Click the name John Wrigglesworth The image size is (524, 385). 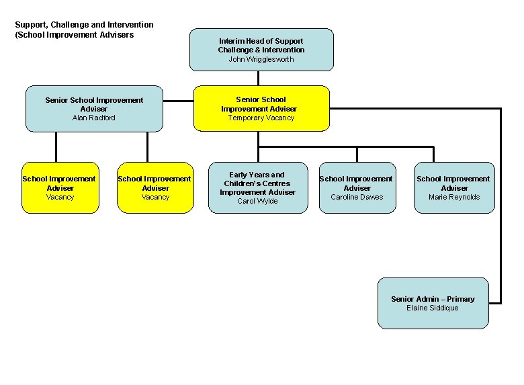(261, 59)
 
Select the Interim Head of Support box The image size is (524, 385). (261, 49)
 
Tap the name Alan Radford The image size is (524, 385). (94, 118)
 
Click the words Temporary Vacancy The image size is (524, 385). (261, 118)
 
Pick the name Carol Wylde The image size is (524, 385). (257, 201)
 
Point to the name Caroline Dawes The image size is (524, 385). (357, 197)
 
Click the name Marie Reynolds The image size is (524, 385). (454, 197)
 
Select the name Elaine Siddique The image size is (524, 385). (433, 308)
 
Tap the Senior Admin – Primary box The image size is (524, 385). (433, 303)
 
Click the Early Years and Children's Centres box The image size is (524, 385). (257, 187)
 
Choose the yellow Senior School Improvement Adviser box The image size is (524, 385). (261, 108)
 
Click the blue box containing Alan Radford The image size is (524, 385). (94, 108)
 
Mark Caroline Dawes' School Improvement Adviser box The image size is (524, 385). (357, 187)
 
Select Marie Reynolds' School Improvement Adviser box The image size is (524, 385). (454, 187)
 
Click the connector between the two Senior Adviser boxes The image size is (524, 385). (178, 101)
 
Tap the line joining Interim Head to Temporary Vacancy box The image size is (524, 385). (258, 78)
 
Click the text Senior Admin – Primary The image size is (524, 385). (433, 299)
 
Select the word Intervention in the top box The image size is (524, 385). (281, 50)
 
